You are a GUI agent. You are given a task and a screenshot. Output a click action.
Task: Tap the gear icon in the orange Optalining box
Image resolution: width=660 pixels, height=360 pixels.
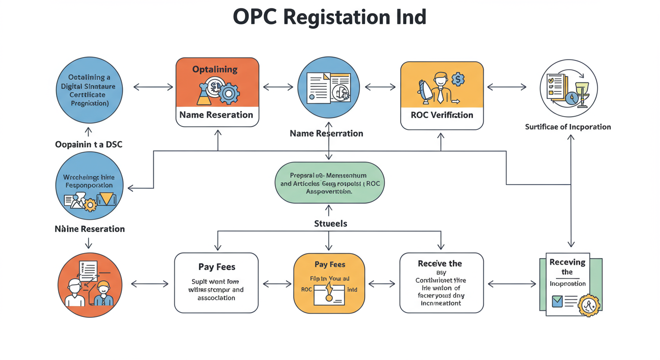pyautogui.click(x=228, y=94)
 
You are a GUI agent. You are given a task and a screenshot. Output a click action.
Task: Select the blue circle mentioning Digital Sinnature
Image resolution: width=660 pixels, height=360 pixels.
pyautogui.click(x=89, y=89)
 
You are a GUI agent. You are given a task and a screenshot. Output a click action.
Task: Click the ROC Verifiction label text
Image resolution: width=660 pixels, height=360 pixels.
pyautogui.click(x=442, y=115)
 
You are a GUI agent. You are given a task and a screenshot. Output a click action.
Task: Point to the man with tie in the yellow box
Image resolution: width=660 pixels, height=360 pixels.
pyautogui.click(x=440, y=87)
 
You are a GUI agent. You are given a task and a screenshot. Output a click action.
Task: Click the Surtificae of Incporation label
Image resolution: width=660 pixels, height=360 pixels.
pyautogui.click(x=568, y=127)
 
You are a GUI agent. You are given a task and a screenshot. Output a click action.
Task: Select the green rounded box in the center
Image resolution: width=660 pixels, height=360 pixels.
pyautogui.click(x=329, y=183)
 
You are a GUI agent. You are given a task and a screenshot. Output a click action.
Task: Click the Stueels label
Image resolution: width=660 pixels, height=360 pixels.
pyautogui.click(x=330, y=224)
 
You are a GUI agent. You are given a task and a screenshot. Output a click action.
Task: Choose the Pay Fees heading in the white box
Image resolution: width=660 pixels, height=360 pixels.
pyautogui.click(x=217, y=267)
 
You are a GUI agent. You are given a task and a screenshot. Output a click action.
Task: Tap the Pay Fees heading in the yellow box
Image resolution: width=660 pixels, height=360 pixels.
pyautogui.click(x=330, y=264)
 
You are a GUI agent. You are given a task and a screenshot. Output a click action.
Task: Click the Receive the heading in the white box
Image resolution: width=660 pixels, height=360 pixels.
pyautogui.click(x=440, y=263)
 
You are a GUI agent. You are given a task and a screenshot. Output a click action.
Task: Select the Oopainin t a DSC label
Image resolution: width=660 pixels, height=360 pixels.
pyautogui.click(x=89, y=144)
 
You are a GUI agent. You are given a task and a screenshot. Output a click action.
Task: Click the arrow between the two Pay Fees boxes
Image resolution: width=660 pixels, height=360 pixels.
pyautogui.click(x=277, y=284)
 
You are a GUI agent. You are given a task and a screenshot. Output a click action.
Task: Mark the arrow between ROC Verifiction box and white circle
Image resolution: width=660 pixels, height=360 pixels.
pyautogui.click(x=507, y=87)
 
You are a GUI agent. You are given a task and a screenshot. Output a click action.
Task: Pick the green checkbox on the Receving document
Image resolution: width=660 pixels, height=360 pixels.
pyautogui.click(x=557, y=301)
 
